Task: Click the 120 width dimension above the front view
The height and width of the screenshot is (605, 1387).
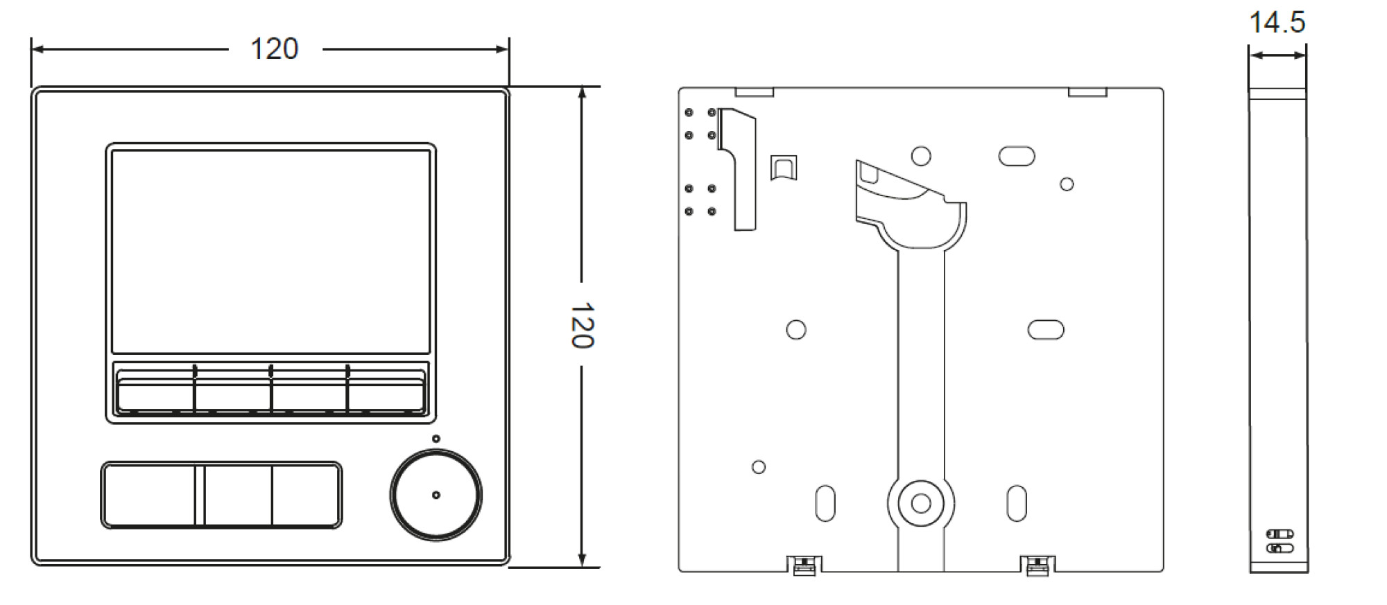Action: coord(274,49)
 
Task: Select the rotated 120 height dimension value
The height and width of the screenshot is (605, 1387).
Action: coord(581,325)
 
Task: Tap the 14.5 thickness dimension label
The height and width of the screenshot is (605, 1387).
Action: coord(1277,22)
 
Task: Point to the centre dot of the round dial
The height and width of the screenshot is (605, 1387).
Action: coord(436,495)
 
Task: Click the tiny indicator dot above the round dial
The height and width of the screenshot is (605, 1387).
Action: coord(436,439)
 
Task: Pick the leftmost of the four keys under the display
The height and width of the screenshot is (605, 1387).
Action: coord(155,393)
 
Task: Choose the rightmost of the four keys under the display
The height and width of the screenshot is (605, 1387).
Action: coord(386,393)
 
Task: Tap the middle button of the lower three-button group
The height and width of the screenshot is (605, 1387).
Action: coord(238,496)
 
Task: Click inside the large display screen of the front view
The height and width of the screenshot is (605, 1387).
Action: coord(270,251)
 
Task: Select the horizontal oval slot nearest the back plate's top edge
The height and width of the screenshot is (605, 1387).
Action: coord(1017,157)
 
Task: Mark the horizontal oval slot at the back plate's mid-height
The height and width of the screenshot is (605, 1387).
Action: coord(1046,330)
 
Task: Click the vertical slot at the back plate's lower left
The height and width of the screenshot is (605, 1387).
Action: coord(825,503)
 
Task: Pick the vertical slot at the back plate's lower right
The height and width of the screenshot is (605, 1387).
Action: coord(1016,503)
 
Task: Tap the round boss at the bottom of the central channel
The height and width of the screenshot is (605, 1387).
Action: coord(920,503)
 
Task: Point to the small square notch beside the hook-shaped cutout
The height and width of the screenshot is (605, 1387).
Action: coord(784,168)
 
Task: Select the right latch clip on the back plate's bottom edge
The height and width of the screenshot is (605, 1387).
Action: coord(1038,565)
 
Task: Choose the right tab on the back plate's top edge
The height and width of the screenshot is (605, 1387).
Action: coord(1087,92)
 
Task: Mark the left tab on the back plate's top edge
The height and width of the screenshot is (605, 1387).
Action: coord(754,92)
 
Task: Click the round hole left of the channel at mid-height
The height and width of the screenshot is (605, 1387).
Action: coord(796,329)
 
